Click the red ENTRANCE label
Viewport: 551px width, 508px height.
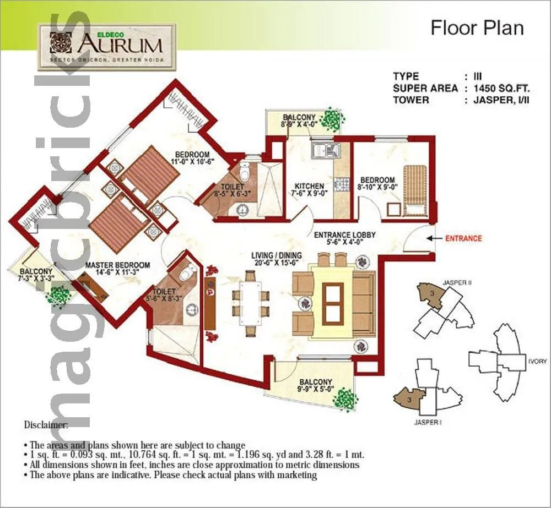(x=463, y=238)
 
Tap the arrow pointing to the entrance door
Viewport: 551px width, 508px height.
(x=435, y=238)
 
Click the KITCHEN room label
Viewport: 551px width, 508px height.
(x=309, y=186)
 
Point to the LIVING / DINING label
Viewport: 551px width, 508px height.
(x=276, y=255)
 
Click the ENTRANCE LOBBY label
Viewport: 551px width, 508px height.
(x=344, y=235)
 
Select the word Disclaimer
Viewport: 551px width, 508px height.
(x=46, y=425)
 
